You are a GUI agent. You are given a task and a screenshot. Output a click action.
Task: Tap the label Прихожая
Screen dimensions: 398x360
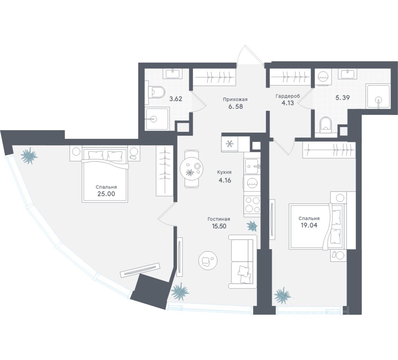click(235, 99)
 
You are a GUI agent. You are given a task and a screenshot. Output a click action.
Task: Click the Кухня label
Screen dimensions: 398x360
click(224, 172)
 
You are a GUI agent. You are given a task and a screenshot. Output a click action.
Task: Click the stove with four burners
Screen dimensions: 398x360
click(252, 204)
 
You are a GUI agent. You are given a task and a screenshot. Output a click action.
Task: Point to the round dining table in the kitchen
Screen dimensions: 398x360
click(192, 169)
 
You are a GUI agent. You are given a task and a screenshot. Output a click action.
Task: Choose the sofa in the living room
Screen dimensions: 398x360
click(242, 261)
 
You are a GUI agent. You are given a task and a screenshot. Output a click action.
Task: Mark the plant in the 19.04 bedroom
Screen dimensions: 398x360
click(282, 295)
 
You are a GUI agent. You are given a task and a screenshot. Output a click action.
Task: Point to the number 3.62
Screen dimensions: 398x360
click(175, 98)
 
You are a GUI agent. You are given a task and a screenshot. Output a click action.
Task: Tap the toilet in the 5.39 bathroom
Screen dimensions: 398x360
click(325, 125)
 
